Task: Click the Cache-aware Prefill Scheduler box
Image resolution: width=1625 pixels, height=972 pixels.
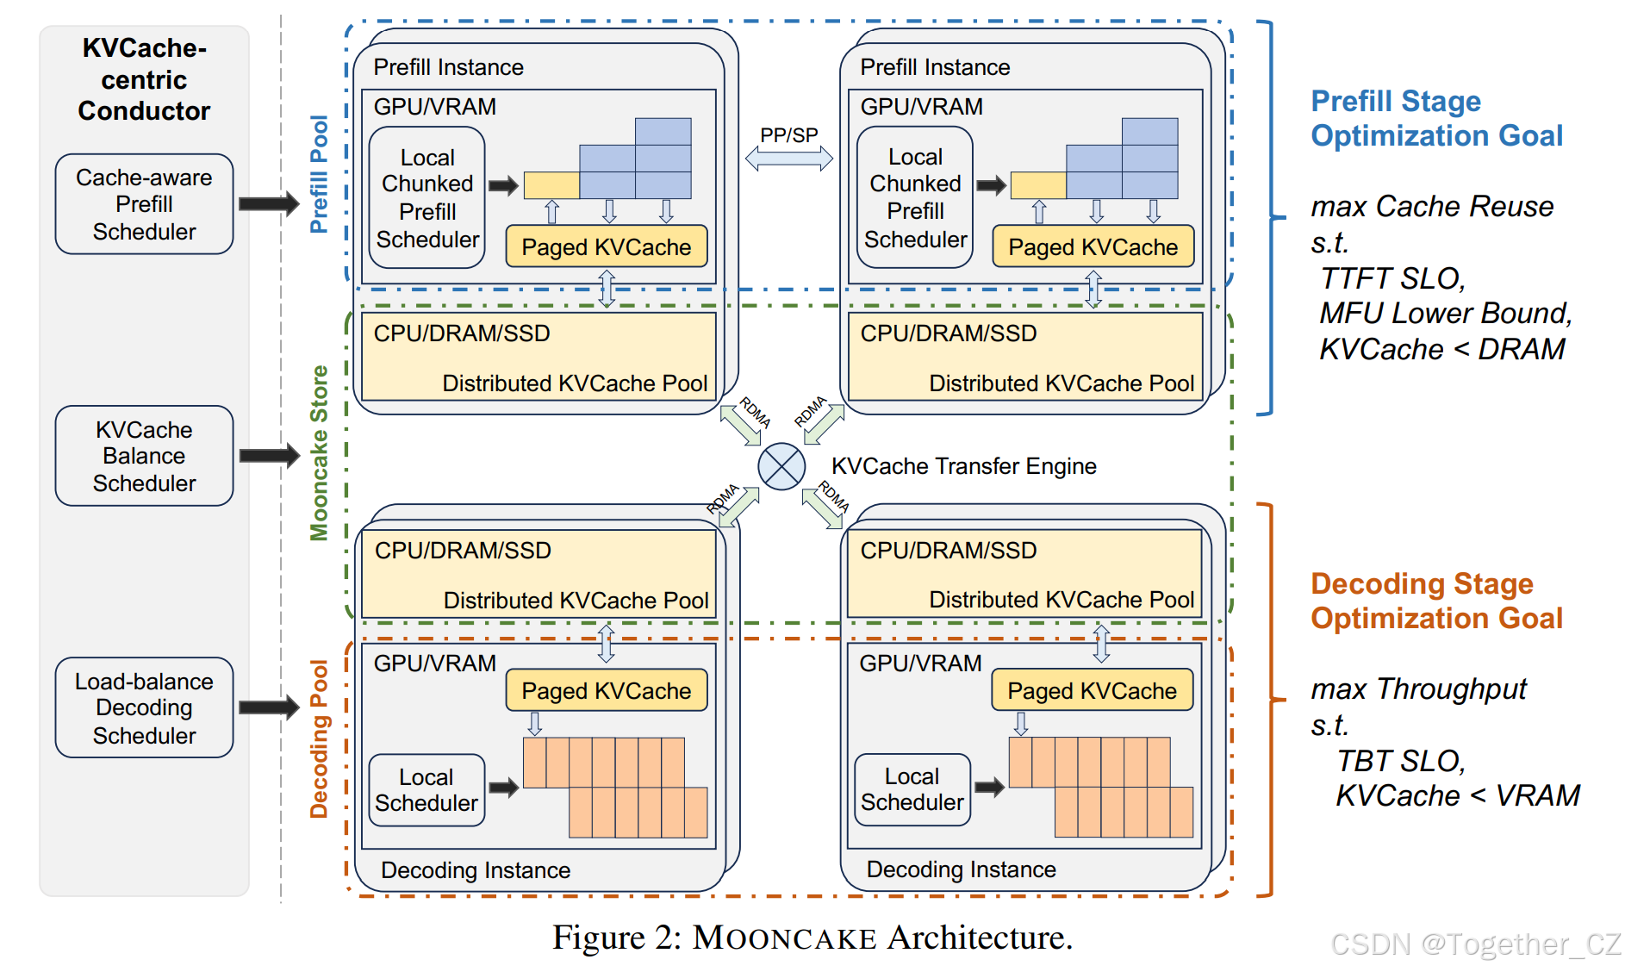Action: [144, 204]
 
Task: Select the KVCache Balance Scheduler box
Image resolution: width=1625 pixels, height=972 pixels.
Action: [144, 456]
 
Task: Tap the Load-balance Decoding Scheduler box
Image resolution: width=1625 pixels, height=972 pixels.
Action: [144, 707]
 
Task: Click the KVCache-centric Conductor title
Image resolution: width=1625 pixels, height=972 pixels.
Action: [144, 79]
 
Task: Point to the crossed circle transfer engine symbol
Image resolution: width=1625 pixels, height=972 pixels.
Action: [781, 466]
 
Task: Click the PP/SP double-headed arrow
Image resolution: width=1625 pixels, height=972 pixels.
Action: [788, 158]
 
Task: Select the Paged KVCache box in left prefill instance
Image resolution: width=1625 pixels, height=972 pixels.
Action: [606, 247]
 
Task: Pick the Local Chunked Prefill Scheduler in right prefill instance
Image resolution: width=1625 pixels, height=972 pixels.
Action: [915, 197]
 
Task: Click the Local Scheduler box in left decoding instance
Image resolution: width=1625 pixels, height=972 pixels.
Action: [426, 789]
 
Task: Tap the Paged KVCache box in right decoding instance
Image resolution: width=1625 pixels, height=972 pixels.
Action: [1092, 690]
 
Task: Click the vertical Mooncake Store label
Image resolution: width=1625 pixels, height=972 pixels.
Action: [320, 453]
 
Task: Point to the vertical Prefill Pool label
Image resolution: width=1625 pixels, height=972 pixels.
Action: [320, 174]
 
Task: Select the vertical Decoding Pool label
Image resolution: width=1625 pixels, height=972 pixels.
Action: [320, 738]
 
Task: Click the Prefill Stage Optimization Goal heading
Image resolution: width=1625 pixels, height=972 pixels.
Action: [1435, 118]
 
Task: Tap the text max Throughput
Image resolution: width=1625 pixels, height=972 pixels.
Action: [1418, 688]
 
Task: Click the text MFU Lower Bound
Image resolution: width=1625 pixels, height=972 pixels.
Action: [1445, 313]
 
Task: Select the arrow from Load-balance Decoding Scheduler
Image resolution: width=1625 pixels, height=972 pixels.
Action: [268, 707]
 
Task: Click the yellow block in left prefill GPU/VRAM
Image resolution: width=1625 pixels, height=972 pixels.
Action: [551, 185]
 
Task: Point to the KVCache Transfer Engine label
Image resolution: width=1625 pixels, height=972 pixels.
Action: [963, 466]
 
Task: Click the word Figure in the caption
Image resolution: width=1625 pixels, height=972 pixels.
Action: [598, 938]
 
